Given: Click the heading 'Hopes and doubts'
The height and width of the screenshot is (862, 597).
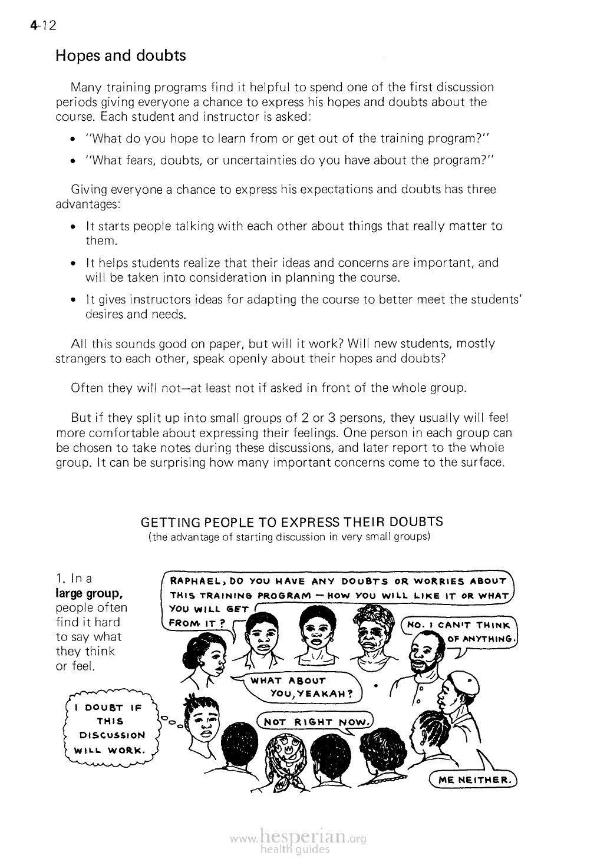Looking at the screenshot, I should tap(120, 56).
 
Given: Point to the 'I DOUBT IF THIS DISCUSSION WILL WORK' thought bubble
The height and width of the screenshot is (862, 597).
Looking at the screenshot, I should tap(113, 728).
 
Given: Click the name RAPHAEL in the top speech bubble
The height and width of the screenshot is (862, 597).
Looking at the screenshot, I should tap(192, 582).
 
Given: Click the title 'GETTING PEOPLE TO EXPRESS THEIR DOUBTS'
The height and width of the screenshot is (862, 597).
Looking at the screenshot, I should tap(292, 522).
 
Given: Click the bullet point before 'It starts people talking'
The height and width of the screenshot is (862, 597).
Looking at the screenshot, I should tap(73, 227).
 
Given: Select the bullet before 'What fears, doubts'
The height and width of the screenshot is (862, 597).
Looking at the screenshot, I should tap(73, 161).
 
